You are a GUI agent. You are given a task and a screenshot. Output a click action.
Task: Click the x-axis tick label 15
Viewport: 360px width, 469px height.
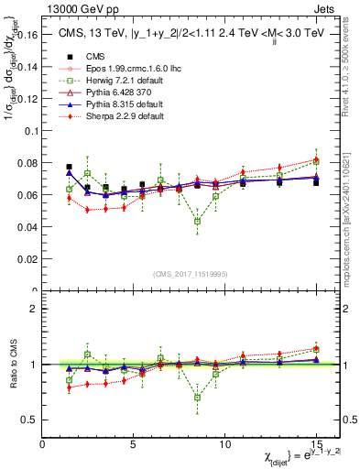point(315,443)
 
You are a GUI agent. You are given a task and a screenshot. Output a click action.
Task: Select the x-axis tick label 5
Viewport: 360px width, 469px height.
point(134,443)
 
